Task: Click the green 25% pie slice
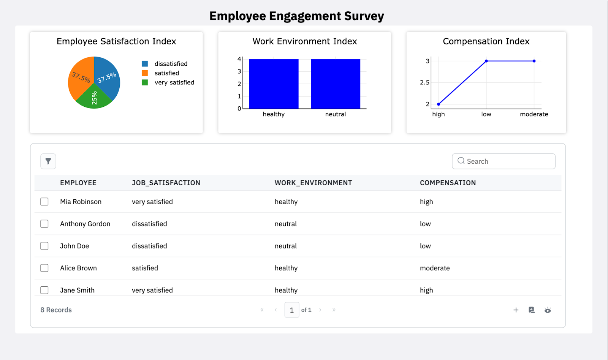point(94,98)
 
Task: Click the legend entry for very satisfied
point(174,82)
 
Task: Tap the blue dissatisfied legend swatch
point(145,64)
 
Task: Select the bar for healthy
point(274,84)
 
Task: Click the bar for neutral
point(335,84)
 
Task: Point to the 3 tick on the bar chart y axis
point(239,71)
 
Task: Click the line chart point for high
point(439,104)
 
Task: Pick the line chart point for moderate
point(534,61)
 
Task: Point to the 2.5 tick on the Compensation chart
point(424,82)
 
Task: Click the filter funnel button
point(48,161)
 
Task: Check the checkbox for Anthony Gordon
point(44,224)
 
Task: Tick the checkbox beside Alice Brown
point(44,268)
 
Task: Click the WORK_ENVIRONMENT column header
point(313,183)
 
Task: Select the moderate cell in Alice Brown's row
point(435,268)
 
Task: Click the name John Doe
point(74,246)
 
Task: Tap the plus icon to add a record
point(516,310)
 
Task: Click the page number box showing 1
point(291,310)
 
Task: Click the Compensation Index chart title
point(486,41)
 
